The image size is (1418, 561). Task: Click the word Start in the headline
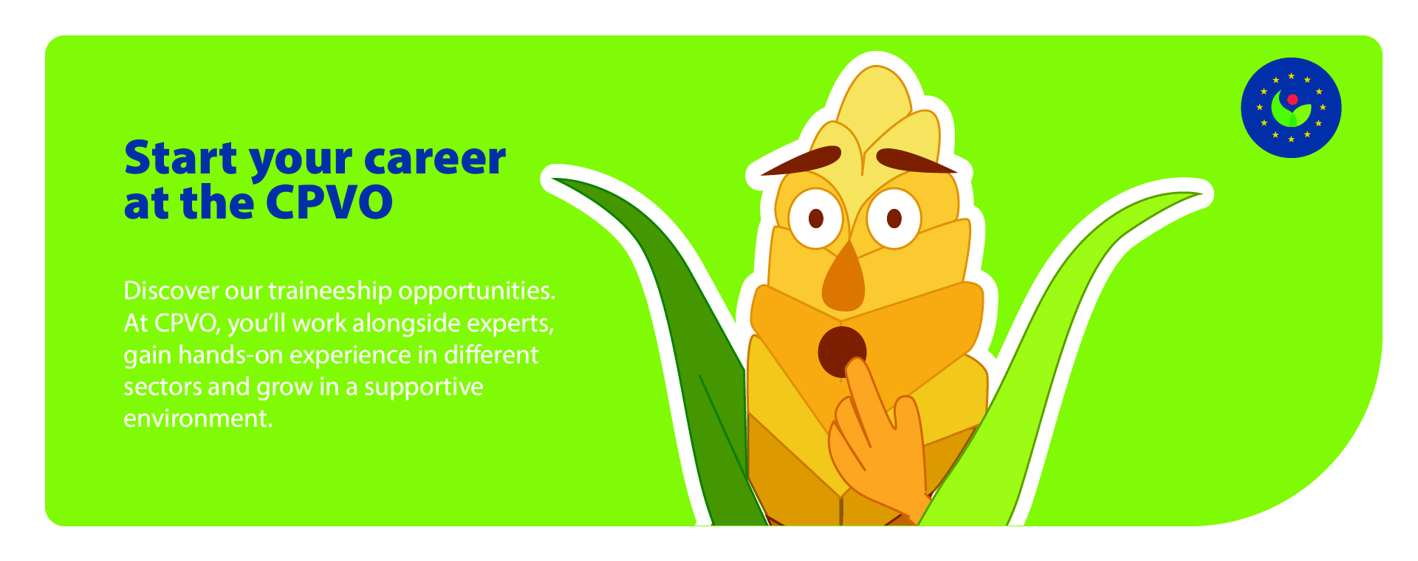click(x=182, y=159)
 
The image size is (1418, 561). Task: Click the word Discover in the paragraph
click(x=171, y=290)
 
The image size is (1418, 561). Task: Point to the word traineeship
click(x=330, y=290)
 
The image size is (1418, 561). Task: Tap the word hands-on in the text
click(x=230, y=355)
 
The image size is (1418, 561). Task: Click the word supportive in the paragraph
click(x=424, y=387)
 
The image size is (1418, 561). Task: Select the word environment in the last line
click(x=197, y=419)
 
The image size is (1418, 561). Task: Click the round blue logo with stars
click(x=1291, y=108)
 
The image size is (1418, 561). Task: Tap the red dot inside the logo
click(x=1292, y=99)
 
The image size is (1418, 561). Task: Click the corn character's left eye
click(x=815, y=218)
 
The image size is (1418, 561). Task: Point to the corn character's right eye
click(x=894, y=218)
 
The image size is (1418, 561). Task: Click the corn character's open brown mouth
click(x=841, y=351)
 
